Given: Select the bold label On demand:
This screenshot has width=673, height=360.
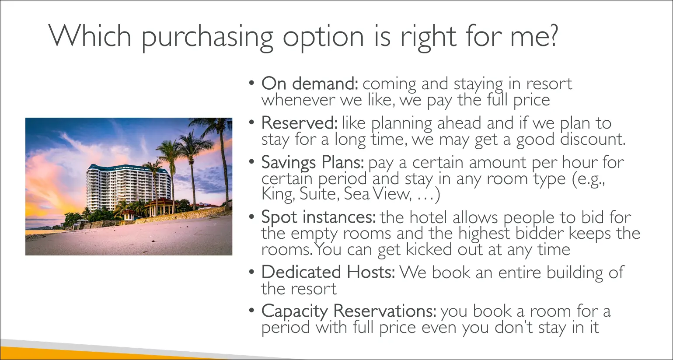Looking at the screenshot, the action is click(x=310, y=83).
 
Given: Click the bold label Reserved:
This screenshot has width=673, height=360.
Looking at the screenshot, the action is click(x=299, y=122).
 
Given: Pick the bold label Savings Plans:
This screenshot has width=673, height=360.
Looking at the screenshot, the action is click(x=313, y=163).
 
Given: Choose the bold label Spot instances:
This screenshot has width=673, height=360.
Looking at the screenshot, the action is click(x=318, y=217).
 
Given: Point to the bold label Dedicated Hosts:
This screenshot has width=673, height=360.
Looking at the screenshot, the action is click(x=328, y=272).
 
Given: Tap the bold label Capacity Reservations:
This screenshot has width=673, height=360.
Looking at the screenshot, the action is click(x=349, y=311).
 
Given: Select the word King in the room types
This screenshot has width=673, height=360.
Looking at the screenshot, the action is click(x=277, y=194).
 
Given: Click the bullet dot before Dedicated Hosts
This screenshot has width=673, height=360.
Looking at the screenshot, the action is click(x=252, y=272).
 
